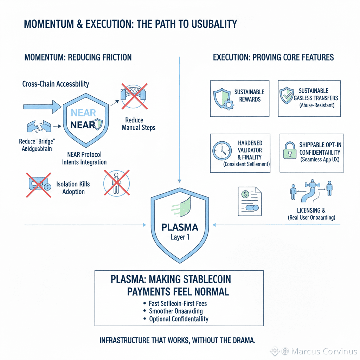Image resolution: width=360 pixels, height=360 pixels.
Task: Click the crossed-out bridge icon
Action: pyautogui.click(x=133, y=96)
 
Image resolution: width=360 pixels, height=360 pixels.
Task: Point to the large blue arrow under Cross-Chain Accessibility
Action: pyautogui.click(x=41, y=107)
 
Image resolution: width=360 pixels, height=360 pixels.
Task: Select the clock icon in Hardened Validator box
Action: pyautogui.click(x=222, y=151)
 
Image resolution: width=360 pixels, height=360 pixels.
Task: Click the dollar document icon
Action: pyautogui.click(x=248, y=200)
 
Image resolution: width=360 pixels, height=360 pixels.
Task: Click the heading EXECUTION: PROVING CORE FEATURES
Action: pyautogui.click(x=273, y=57)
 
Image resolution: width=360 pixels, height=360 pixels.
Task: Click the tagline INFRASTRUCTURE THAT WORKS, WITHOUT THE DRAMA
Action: pyautogui.click(x=177, y=340)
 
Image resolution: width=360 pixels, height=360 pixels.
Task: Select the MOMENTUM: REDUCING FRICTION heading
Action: pyautogui.click(x=78, y=57)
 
